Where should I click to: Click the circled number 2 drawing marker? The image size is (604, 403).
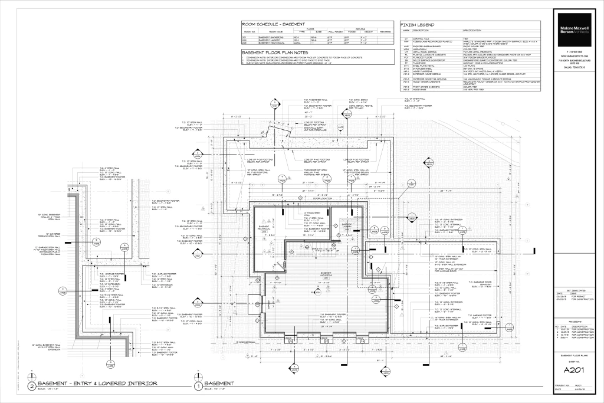[31, 387]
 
